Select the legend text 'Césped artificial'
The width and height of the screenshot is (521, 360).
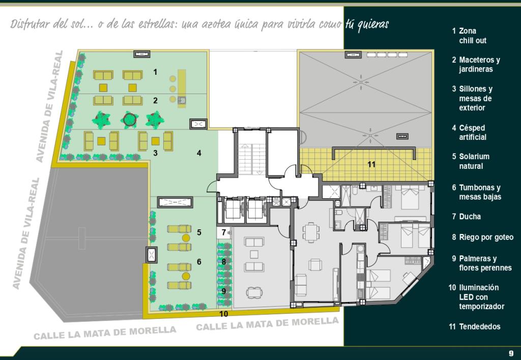pyautogui.click(x=469, y=133)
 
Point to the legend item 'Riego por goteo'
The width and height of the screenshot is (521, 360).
pyautogui.click(x=482, y=237)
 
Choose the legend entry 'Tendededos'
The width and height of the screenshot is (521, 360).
pyautogui.click(x=475, y=326)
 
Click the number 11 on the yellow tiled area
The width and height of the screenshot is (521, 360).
pyautogui.click(x=371, y=164)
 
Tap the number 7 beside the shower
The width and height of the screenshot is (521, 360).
pyautogui.click(x=224, y=232)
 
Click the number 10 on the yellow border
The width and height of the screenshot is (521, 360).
pyautogui.click(x=224, y=314)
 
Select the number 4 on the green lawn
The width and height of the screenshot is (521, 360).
pyautogui.click(x=199, y=153)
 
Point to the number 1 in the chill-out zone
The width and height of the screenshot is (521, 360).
pyautogui.click(x=155, y=72)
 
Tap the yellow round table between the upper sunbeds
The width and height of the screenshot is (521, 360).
pyautogui.click(x=186, y=238)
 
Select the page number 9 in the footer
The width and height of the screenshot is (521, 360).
pyautogui.click(x=511, y=353)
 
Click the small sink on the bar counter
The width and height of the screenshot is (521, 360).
pyautogui.click(x=181, y=100)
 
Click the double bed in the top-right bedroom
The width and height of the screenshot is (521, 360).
pyautogui.click(x=410, y=197)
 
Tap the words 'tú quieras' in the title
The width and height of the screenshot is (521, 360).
pyautogui.click(x=367, y=24)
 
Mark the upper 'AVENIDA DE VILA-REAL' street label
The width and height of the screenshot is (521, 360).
pyautogui.click(x=49, y=106)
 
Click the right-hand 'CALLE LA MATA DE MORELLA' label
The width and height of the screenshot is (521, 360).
pyautogui.click(x=268, y=323)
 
